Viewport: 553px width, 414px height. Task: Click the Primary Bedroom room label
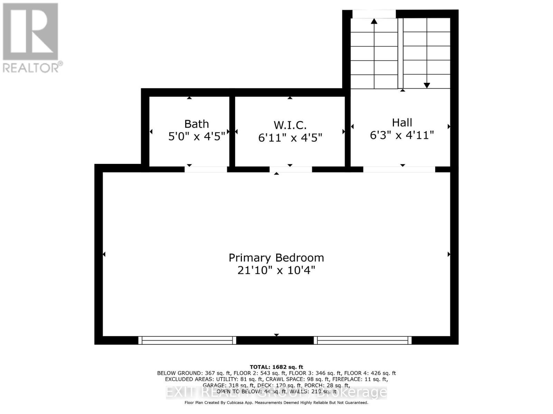pyautogui.click(x=276, y=258)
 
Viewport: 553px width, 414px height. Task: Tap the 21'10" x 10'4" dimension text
pyautogui.click(x=276, y=270)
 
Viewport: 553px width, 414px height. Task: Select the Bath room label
pyautogui.click(x=196, y=124)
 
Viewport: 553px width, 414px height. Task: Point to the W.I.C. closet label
pyautogui.click(x=290, y=125)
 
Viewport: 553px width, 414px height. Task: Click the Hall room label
pyautogui.click(x=402, y=122)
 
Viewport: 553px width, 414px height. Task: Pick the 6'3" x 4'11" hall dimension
pyautogui.click(x=402, y=135)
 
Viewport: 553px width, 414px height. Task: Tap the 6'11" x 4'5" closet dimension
pyautogui.click(x=290, y=138)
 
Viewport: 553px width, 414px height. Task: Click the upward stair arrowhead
pyautogui.click(x=374, y=21)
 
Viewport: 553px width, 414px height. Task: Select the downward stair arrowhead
pyautogui.click(x=427, y=85)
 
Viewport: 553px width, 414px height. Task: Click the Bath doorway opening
pyautogui.click(x=206, y=169)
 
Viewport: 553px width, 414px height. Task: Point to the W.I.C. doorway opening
pyautogui.click(x=291, y=169)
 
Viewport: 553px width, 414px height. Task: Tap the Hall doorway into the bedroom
pyautogui.click(x=399, y=169)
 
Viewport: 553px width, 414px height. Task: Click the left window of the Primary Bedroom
pyautogui.click(x=187, y=340)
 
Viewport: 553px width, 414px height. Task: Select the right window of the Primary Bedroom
pyautogui.click(x=363, y=340)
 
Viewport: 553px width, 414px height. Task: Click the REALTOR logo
pyautogui.click(x=31, y=38)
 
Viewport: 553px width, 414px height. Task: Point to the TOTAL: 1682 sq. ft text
pyautogui.click(x=276, y=367)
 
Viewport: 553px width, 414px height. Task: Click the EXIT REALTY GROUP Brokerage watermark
pyautogui.click(x=276, y=392)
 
